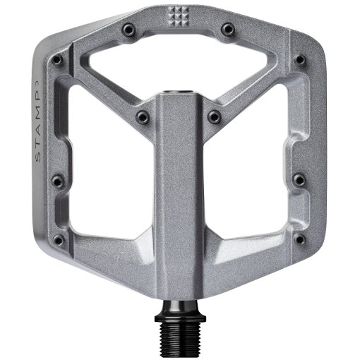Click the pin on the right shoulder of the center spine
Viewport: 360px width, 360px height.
point(214,116)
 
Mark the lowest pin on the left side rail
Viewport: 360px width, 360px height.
point(59,241)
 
